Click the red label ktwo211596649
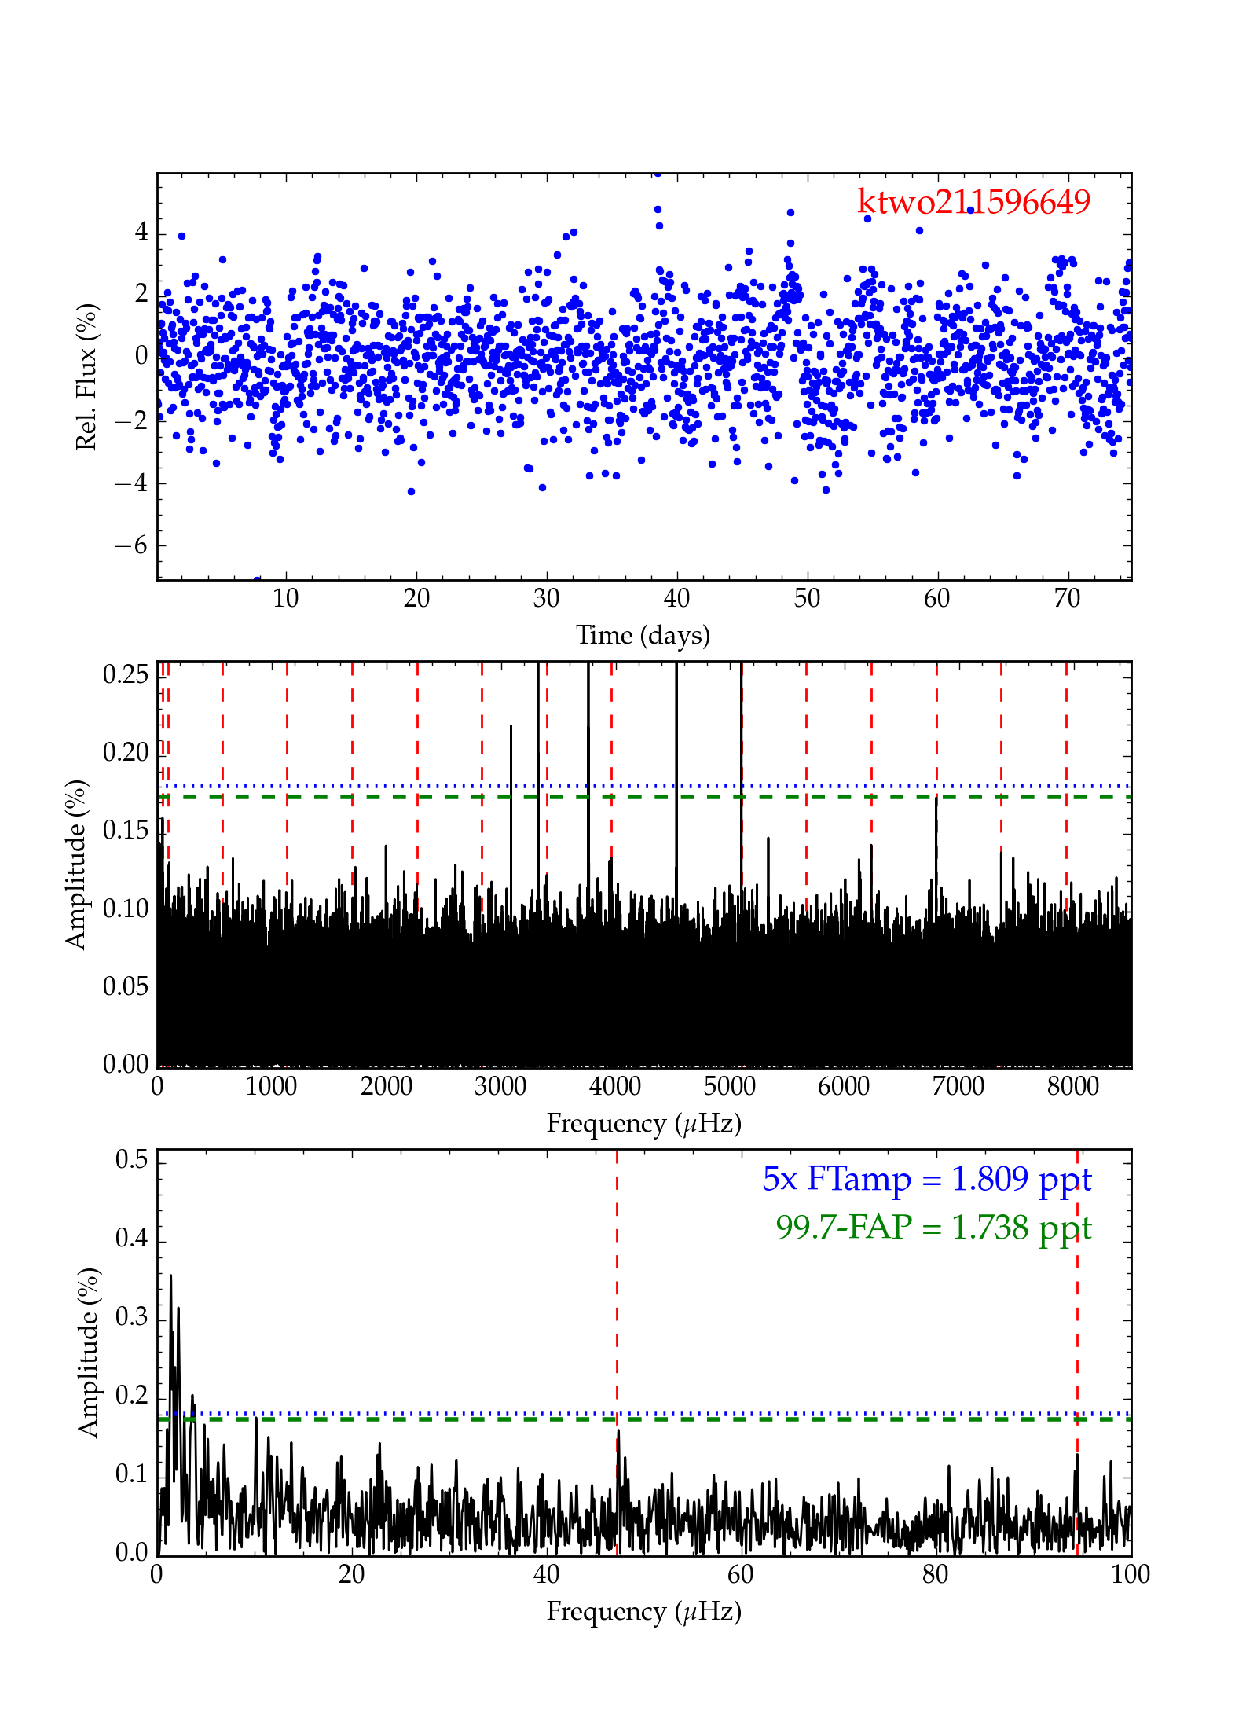tap(973, 202)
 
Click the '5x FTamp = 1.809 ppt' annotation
tap(927, 1179)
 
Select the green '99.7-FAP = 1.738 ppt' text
tap(933, 1227)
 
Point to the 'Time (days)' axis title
tap(643, 635)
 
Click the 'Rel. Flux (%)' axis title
tap(86, 376)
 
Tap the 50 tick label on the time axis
tap(807, 599)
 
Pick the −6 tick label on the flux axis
tap(130, 545)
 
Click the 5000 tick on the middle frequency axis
tap(729, 1087)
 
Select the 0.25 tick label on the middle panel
tap(126, 674)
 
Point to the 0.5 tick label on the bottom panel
tap(132, 1160)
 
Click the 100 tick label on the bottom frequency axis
tap(1130, 1575)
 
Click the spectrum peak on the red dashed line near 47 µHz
tap(618, 1431)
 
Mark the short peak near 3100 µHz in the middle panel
tap(511, 727)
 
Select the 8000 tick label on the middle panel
tap(1072, 1087)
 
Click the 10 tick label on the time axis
tap(286, 599)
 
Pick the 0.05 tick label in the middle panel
tap(126, 986)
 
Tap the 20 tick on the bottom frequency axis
tap(352, 1575)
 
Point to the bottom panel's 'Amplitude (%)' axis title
tap(88, 1353)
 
